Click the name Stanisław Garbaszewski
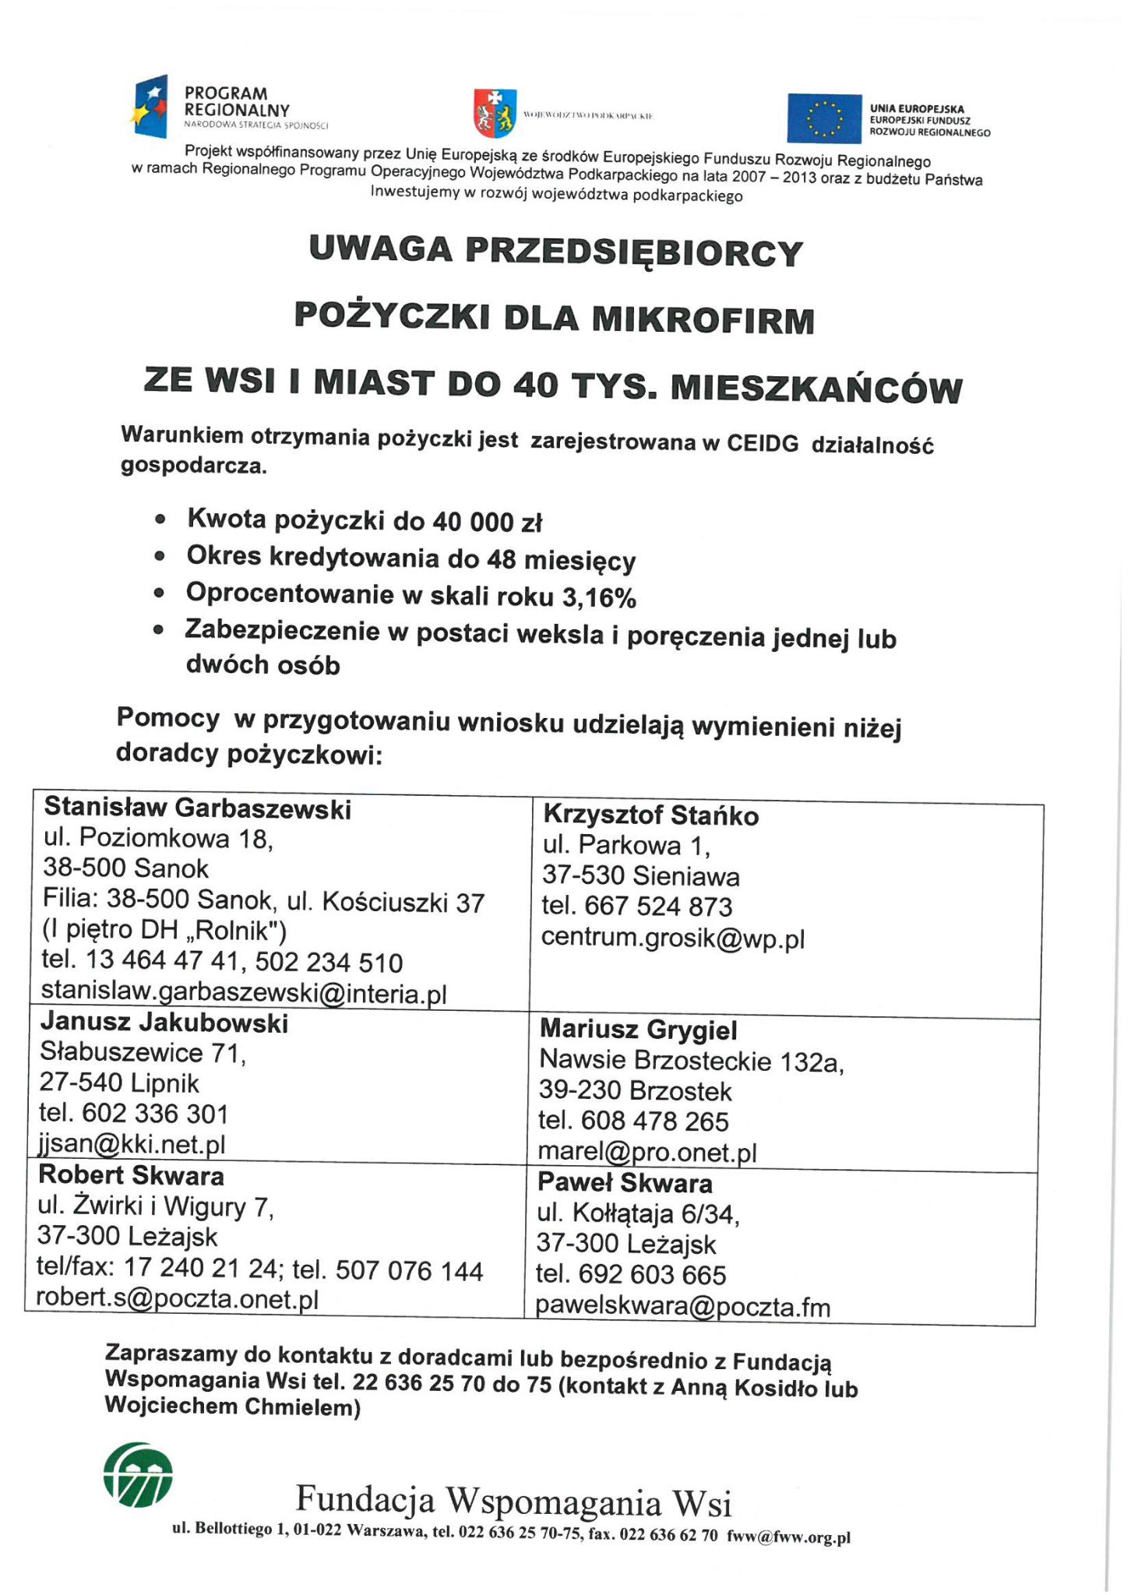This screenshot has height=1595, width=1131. point(198,809)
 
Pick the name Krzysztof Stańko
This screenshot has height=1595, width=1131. point(650,816)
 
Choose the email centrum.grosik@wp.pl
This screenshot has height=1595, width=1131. point(673,938)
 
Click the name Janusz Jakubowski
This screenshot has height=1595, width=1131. point(164,1023)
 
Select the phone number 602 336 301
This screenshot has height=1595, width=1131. point(157,1114)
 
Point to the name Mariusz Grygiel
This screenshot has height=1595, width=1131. point(638,1030)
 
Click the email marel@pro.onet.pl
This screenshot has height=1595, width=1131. point(647,1152)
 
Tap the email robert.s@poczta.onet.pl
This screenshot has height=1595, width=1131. point(178,1300)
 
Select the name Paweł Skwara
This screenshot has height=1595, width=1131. point(625,1184)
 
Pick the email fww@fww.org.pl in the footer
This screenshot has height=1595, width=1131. point(788,1537)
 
